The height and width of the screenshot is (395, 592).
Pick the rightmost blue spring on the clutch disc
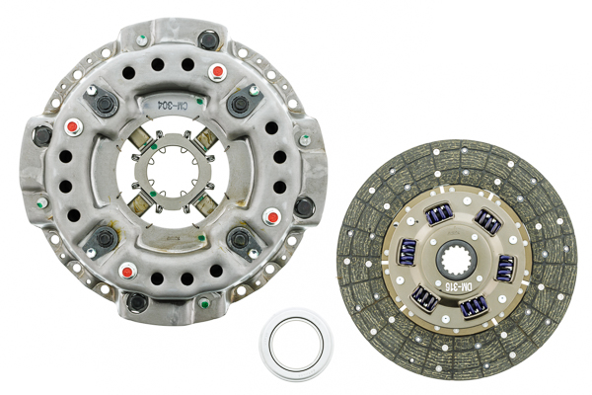506,268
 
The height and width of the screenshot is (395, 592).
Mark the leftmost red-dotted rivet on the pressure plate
71,127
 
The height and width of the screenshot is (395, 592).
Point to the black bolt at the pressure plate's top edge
208,40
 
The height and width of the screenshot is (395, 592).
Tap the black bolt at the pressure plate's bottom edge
137,301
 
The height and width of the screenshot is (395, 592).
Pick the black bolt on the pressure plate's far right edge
305,206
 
